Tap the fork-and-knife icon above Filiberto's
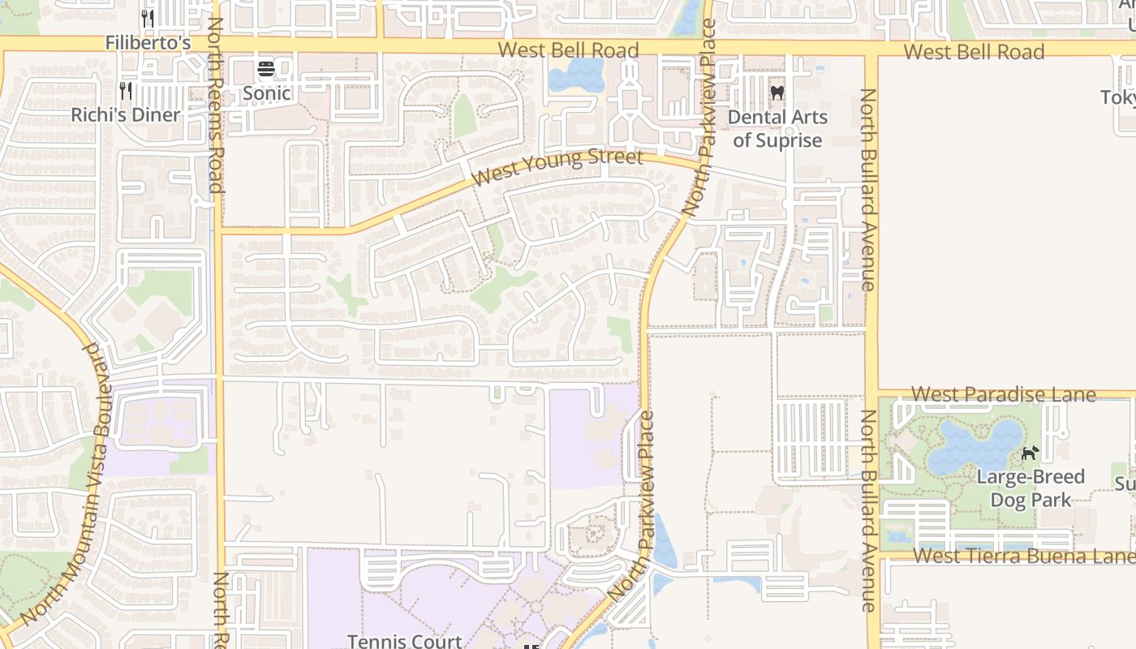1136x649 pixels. click(x=148, y=18)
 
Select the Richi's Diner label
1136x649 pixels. click(x=126, y=114)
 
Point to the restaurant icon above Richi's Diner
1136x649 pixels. click(x=126, y=90)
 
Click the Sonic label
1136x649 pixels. click(x=267, y=92)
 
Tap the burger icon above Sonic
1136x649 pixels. click(x=266, y=70)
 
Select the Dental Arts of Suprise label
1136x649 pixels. click(x=777, y=128)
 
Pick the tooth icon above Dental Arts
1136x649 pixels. click(x=777, y=93)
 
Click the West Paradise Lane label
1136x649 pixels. click(x=1003, y=394)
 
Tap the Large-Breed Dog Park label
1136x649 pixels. click(x=1031, y=488)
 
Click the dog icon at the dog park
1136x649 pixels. click(x=1030, y=453)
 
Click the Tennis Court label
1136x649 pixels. click(x=404, y=640)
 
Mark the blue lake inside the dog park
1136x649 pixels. click(x=974, y=446)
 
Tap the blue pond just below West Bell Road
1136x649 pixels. click(x=576, y=76)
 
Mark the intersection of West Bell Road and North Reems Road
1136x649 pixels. click(x=217, y=44)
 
